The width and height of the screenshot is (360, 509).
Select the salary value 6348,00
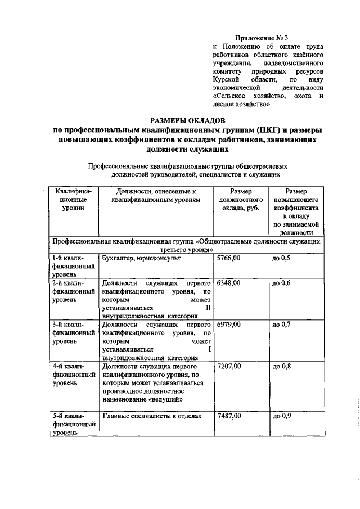[229, 283]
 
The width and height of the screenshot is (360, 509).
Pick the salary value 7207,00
[229, 366]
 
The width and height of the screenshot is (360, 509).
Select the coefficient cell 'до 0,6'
[281, 283]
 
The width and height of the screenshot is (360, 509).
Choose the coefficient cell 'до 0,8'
[281, 366]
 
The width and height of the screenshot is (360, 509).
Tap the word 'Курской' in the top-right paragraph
[226, 80]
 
